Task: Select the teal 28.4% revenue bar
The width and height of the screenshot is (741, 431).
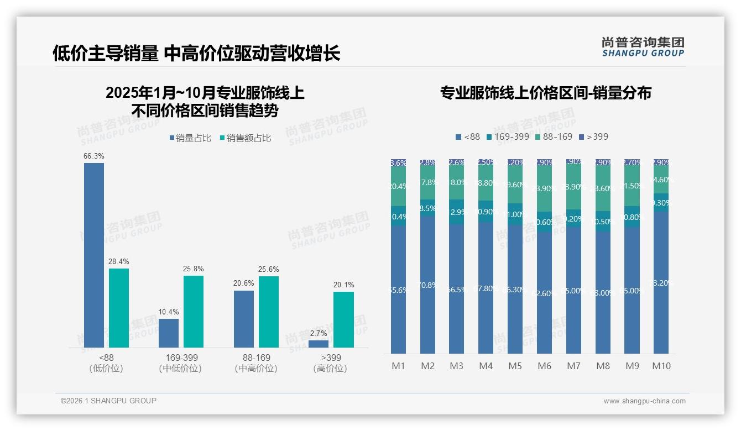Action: (x=119, y=308)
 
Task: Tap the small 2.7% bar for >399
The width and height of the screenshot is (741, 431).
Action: (x=319, y=344)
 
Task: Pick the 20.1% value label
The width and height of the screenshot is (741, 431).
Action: (x=343, y=285)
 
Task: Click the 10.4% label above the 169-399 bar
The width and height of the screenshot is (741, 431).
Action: (x=169, y=312)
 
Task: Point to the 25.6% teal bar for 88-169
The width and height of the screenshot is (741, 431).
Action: (x=269, y=312)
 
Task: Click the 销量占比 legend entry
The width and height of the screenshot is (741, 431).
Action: (x=190, y=138)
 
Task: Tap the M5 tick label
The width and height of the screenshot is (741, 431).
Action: (x=515, y=366)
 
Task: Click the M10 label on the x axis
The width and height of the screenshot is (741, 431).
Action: (x=661, y=366)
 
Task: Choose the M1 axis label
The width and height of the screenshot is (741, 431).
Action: (x=398, y=366)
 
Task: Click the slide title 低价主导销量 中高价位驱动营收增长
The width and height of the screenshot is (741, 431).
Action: (x=196, y=53)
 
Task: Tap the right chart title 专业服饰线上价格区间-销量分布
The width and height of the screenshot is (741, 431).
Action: (x=545, y=93)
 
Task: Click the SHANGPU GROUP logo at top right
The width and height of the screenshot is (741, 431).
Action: (x=643, y=47)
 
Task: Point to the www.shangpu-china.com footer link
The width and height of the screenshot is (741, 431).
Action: (x=644, y=401)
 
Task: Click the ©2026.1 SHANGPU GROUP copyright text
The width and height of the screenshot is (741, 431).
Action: (x=108, y=401)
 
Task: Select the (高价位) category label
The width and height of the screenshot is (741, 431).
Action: (x=330, y=369)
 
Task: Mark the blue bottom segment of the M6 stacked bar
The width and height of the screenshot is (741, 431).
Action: (x=544, y=293)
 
